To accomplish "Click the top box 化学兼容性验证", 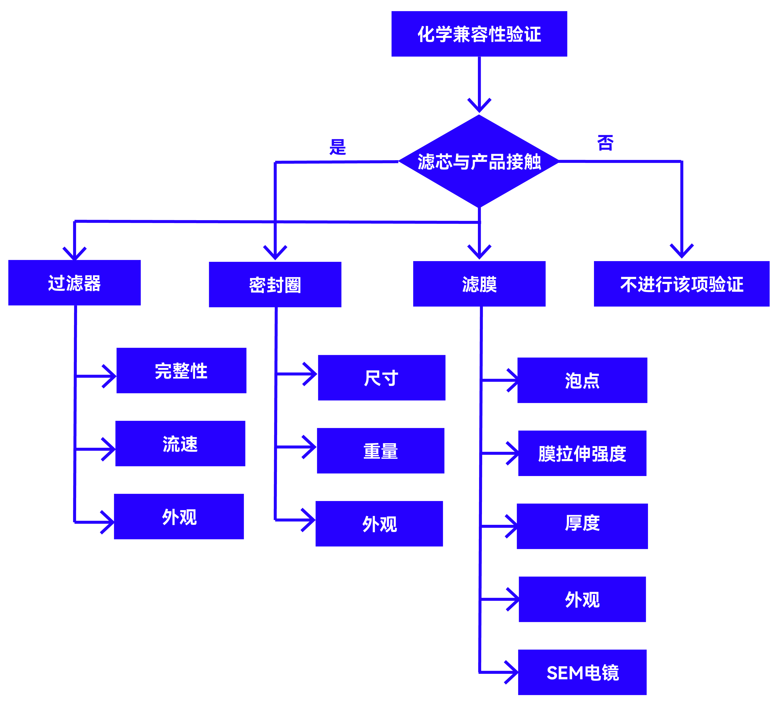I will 479,34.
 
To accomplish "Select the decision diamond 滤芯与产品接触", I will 479,161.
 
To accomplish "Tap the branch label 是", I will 337,147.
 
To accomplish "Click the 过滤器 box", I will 74,283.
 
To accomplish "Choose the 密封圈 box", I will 275,284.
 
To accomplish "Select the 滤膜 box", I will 479,284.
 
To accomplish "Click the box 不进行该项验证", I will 681,284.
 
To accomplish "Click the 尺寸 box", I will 382,377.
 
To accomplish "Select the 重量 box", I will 380,451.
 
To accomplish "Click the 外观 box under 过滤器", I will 179,516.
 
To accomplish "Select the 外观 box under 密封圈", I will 379,524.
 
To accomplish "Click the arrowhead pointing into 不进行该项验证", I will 681,252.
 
